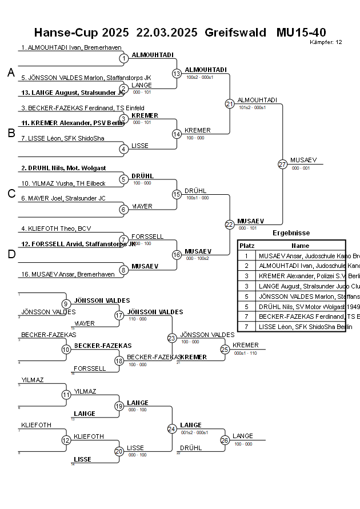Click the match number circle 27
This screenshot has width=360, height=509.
tap(282, 164)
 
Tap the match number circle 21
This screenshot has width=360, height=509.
tap(230, 103)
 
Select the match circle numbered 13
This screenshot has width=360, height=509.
tap(177, 73)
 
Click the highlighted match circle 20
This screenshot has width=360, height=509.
tap(119, 451)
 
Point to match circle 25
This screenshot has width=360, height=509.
tap(225, 349)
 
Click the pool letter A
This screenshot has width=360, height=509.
tap(11, 73)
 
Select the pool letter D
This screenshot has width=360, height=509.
tap(11, 254)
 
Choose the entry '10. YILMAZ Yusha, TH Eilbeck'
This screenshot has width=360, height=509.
tap(63, 183)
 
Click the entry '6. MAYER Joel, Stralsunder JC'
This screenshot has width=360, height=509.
tap(62, 198)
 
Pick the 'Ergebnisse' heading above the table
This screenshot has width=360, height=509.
tap(291, 233)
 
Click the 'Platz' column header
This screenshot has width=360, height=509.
tap(247, 245)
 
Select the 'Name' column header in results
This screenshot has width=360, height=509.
tap(300, 245)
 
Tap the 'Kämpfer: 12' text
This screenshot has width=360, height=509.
tap(326, 42)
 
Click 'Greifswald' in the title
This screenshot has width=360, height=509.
tap(235, 33)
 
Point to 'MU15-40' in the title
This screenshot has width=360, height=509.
tap(301, 33)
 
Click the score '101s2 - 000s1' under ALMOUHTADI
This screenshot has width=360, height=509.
tap(252, 107)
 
